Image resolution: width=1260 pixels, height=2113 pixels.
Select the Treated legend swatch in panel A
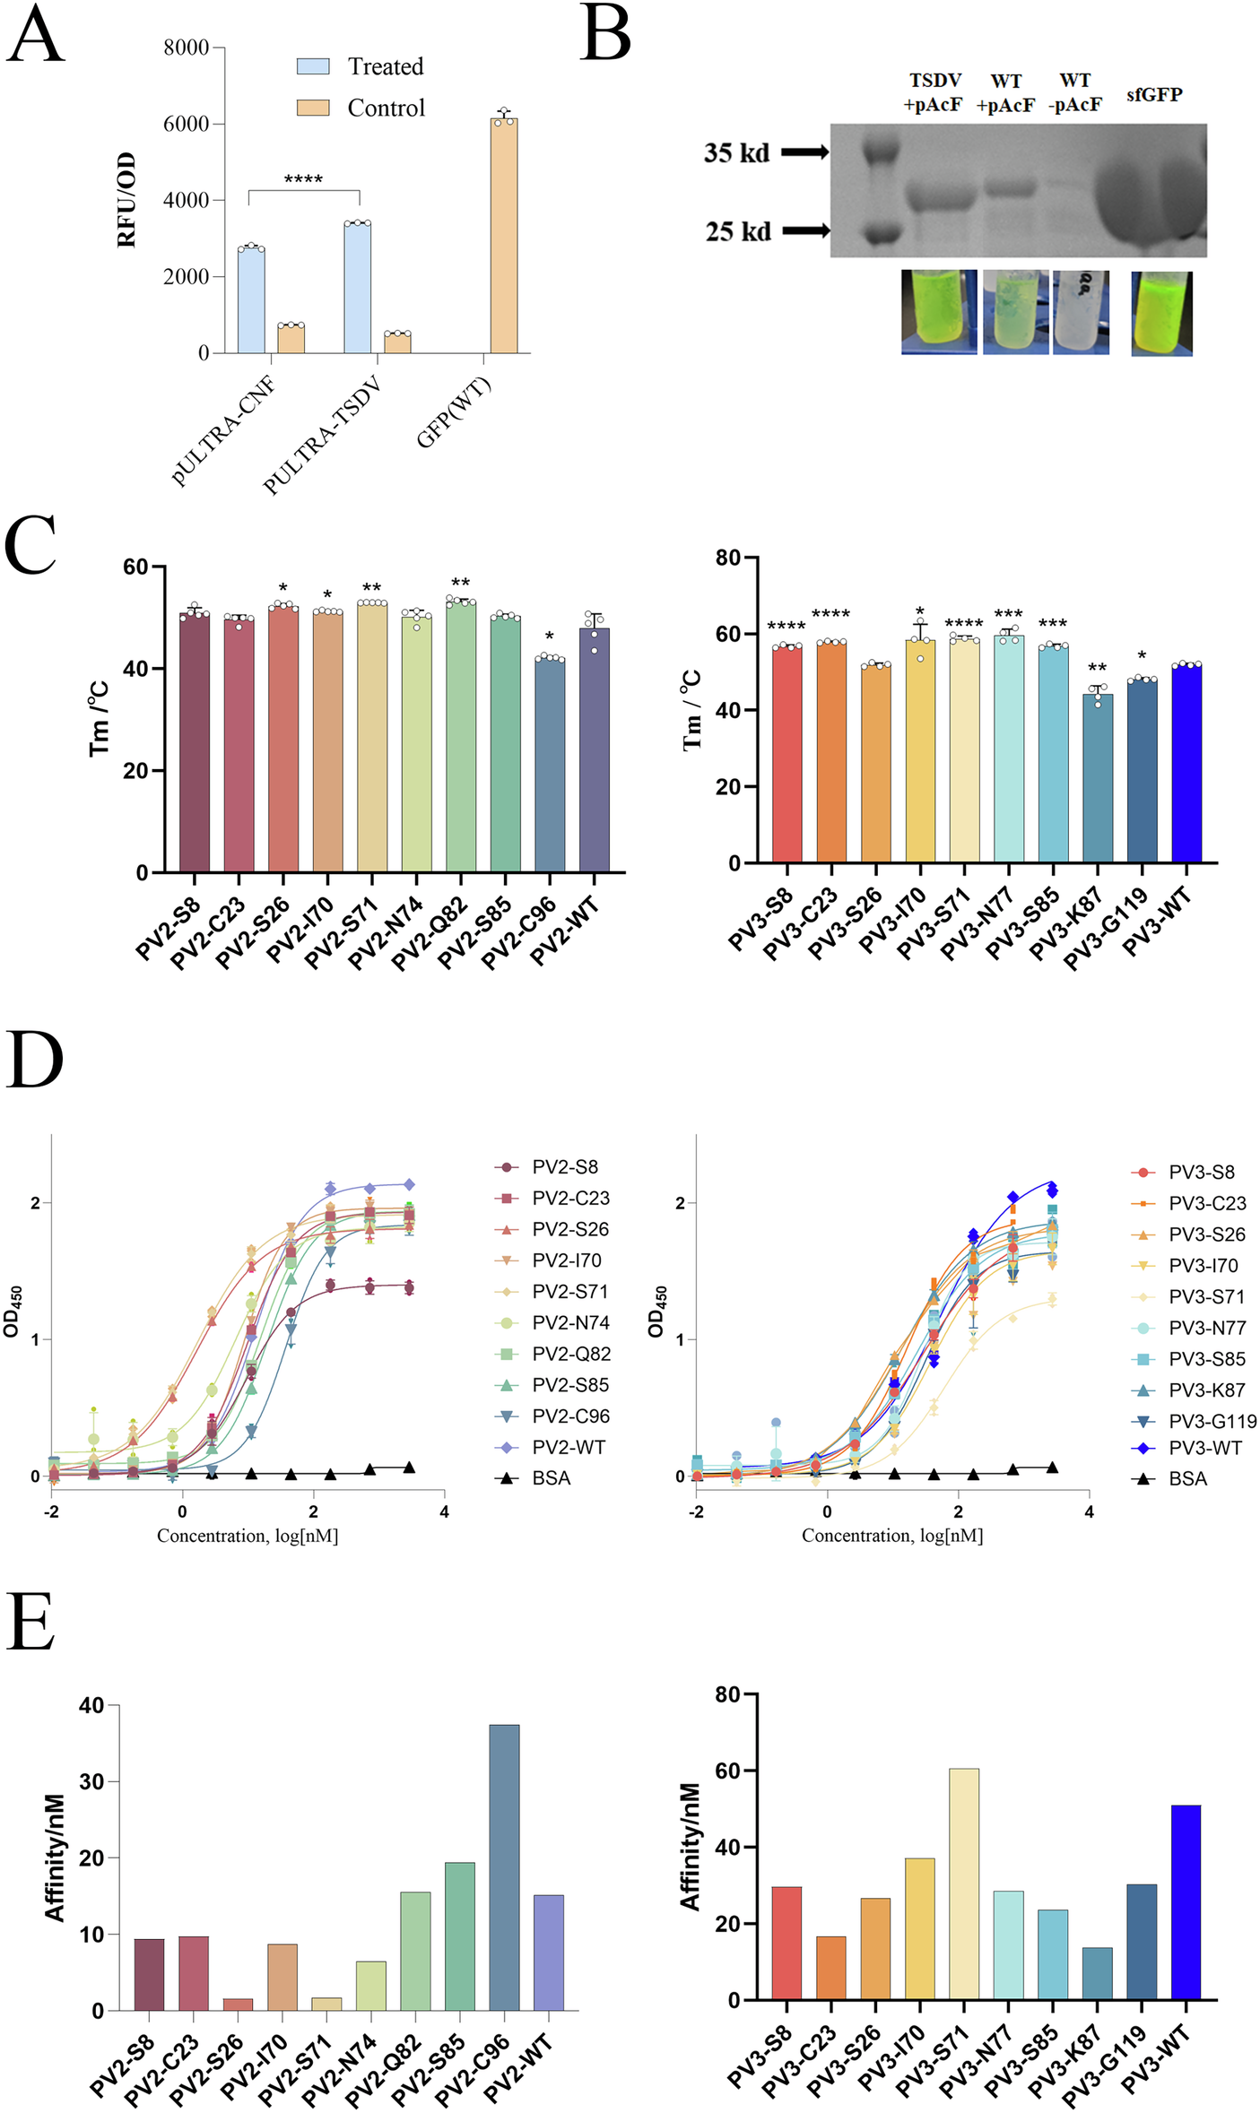(313, 66)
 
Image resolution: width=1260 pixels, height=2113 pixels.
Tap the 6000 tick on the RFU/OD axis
(186, 124)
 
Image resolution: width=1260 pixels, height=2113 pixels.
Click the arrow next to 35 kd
(804, 152)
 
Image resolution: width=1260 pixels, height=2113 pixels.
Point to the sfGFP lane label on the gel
(1154, 95)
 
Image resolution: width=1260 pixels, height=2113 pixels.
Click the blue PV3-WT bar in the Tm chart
(1186, 763)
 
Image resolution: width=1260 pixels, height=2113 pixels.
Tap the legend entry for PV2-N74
(552, 1322)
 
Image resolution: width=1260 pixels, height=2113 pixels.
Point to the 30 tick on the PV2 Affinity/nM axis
(91, 1781)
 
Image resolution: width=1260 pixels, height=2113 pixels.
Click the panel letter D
(34, 1061)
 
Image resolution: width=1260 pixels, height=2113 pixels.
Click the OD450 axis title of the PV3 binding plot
(657, 1312)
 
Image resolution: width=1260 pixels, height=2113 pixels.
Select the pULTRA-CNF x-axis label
(224, 431)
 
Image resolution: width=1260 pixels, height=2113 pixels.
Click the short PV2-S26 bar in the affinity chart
(238, 2004)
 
